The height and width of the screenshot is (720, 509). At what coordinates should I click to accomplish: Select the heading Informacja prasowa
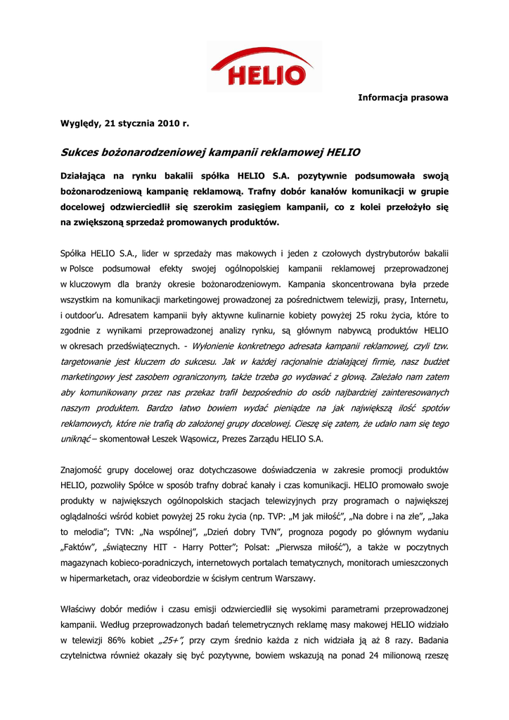pos(403,97)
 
